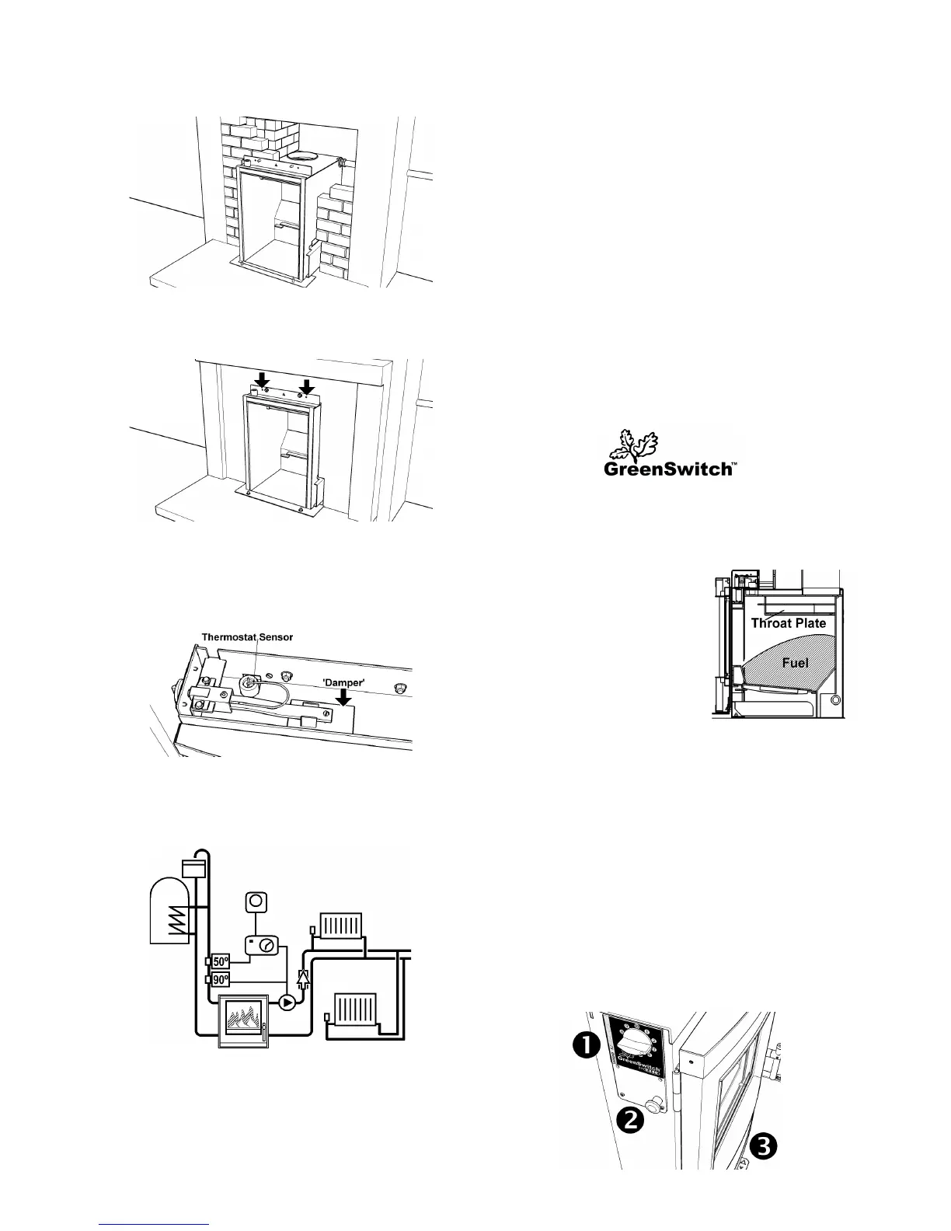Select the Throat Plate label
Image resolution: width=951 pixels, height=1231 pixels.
click(x=788, y=622)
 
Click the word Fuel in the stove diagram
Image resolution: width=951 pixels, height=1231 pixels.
click(x=794, y=662)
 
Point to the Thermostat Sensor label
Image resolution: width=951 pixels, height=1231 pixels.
click(x=247, y=637)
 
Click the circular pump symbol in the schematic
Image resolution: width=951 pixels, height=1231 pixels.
click(x=287, y=1003)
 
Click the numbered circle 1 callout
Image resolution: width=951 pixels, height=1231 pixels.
click(x=588, y=1047)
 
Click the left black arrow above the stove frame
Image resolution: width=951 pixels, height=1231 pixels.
click(x=263, y=380)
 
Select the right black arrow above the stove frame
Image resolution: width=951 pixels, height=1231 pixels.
click(x=308, y=385)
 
